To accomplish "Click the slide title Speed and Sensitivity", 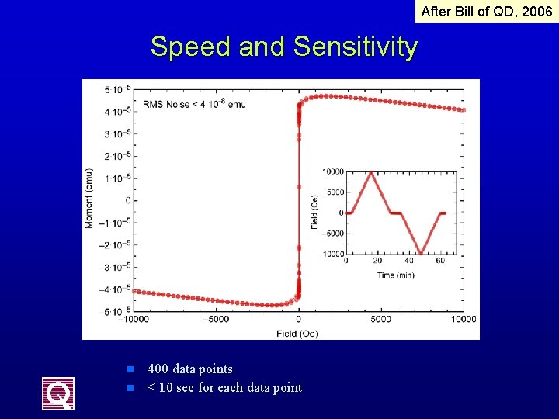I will point(283,47).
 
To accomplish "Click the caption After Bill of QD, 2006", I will point(486,11).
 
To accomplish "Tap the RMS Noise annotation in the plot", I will point(194,104).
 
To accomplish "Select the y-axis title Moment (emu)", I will point(89,198).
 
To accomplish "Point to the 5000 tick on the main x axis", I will point(381,319).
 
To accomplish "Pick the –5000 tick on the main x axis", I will point(216,319).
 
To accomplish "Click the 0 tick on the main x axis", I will point(299,319).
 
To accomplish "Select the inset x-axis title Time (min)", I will point(396,275).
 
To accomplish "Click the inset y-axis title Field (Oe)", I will point(314,211).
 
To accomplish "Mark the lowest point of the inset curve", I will point(421,253).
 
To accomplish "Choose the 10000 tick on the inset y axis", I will point(333,171).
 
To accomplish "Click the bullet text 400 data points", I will point(189,369).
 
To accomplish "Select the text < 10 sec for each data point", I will point(224,387).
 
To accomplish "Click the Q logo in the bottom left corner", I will point(58,393).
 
